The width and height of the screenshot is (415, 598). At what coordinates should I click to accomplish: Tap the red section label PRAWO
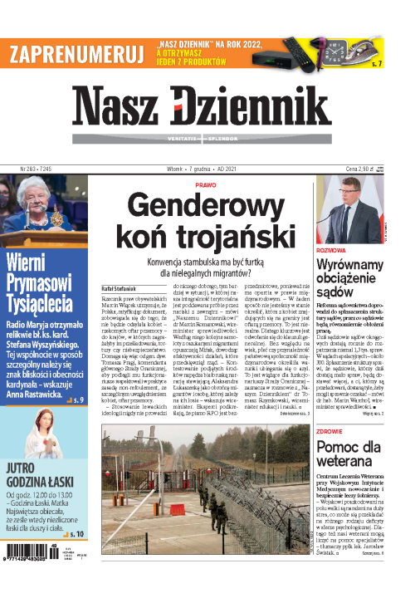pos(206,185)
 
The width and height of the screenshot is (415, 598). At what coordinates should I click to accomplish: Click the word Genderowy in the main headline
pos(206,207)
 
